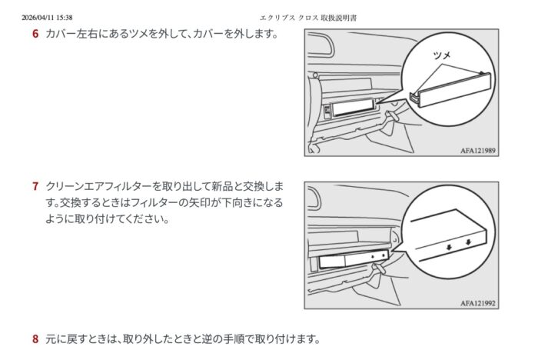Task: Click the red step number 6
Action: [x=35, y=34]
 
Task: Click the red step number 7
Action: [x=35, y=186]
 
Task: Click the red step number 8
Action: [x=35, y=339]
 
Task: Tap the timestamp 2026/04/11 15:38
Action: [x=47, y=18]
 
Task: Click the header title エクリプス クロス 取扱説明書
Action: [x=308, y=18]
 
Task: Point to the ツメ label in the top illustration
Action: [x=442, y=55]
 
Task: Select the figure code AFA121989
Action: [x=477, y=151]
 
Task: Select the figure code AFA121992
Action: [x=477, y=303]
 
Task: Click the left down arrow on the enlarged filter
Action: [x=449, y=247]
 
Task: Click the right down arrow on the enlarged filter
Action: [x=468, y=242]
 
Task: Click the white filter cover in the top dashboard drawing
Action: [x=353, y=107]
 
